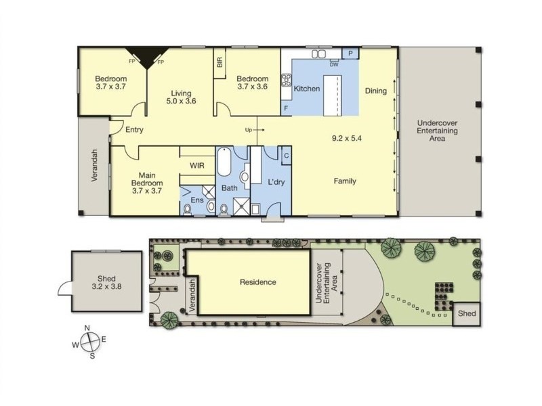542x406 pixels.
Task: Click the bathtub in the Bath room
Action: click(224, 162)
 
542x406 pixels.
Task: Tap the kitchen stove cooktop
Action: click(287, 80)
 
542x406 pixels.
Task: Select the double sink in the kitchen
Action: click(318, 54)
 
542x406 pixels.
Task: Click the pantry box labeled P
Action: click(350, 53)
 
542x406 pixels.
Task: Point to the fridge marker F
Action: click(286, 108)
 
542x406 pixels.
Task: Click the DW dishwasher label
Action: click(334, 64)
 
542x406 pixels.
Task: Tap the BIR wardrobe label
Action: click(220, 62)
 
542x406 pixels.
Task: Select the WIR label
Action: click(197, 166)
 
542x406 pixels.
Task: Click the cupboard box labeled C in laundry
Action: click(287, 156)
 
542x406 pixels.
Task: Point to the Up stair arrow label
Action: click(249, 130)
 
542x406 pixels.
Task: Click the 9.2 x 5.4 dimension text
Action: click(347, 139)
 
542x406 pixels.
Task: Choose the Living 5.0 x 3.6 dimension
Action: click(181, 101)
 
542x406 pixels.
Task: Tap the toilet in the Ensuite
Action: click(188, 209)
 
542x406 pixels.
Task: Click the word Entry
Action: click(134, 130)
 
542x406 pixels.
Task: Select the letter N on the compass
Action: click(87, 328)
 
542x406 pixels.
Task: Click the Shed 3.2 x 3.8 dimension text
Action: click(106, 286)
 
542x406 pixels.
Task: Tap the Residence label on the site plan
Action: click(258, 282)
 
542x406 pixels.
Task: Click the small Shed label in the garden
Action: click(467, 313)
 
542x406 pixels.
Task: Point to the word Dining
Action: click(376, 91)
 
